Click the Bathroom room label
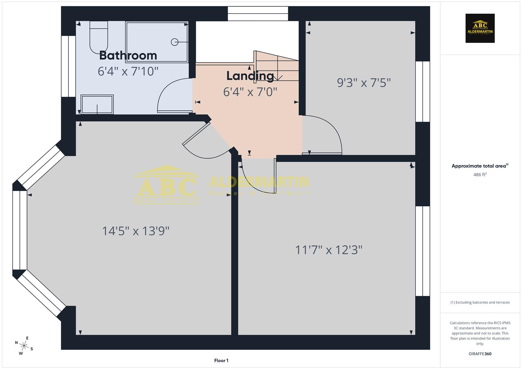[128, 55]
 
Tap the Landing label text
[250, 76]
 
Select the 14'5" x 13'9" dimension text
[136, 231]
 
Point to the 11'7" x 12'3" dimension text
[329, 250]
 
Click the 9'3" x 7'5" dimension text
[364, 83]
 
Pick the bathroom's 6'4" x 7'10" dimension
[128, 71]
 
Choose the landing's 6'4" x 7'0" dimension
[250, 92]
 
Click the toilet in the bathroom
[99, 38]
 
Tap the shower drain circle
[174, 42]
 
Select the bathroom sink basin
[97, 104]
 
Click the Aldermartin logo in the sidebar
[480, 28]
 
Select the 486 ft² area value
[480, 175]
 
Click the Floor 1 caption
[221, 360]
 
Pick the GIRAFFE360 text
[480, 354]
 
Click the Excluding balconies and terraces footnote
[480, 302]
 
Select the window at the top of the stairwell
[258, 14]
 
